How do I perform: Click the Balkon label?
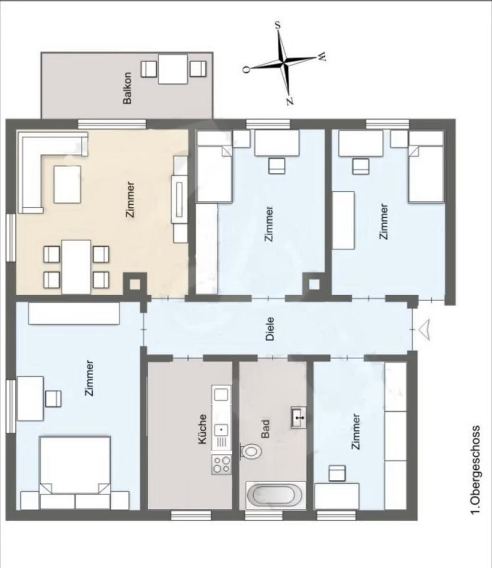click(127, 88)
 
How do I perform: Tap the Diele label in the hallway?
click(270, 329)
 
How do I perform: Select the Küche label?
click(202, 430)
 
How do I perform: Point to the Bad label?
click(266, 428)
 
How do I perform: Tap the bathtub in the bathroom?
click(276, 495)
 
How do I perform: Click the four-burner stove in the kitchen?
click(221, 464)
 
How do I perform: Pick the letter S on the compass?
click(278, 25)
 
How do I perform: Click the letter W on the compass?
click(322, 56)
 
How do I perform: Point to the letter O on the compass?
click(246, 70)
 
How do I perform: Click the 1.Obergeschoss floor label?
click(475, 469)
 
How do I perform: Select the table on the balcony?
click(173, 69)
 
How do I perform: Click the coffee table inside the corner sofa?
click(67, 185)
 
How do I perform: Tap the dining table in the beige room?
click(76, 267)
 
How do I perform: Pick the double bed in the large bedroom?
click(75, 466)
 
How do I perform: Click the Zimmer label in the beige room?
click(130, 199)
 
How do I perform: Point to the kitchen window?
click(191, 515)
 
